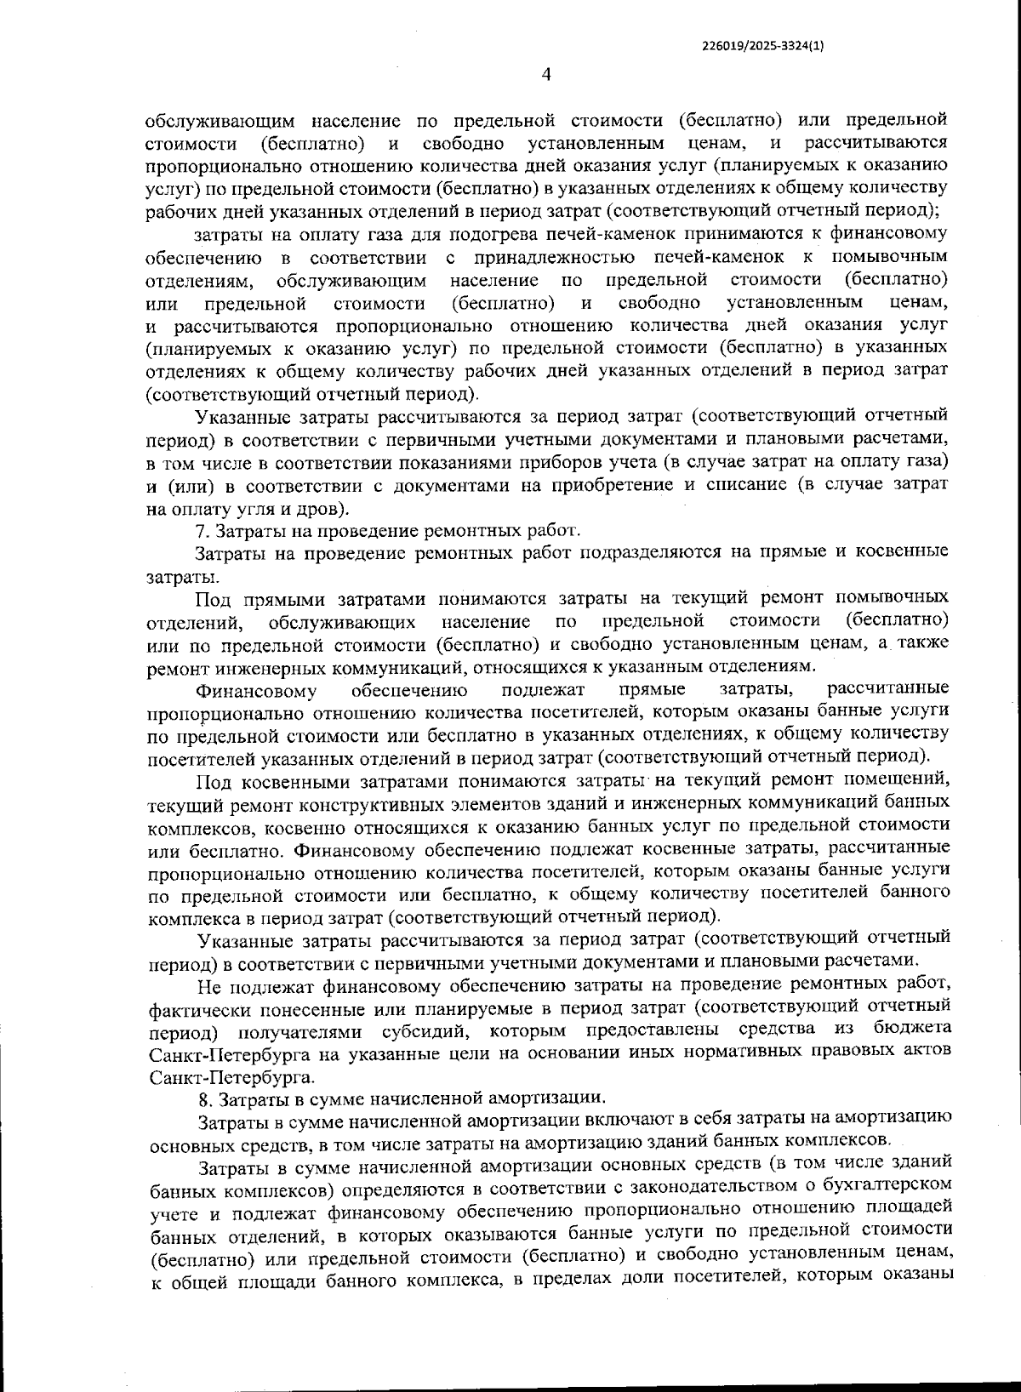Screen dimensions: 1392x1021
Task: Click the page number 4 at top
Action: pos(546,75)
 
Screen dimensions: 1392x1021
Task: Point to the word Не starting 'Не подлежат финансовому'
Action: pos(208,986)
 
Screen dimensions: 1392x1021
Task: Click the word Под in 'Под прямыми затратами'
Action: pos(213,598)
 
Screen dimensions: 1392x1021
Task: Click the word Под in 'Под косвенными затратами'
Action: pos(213,781)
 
